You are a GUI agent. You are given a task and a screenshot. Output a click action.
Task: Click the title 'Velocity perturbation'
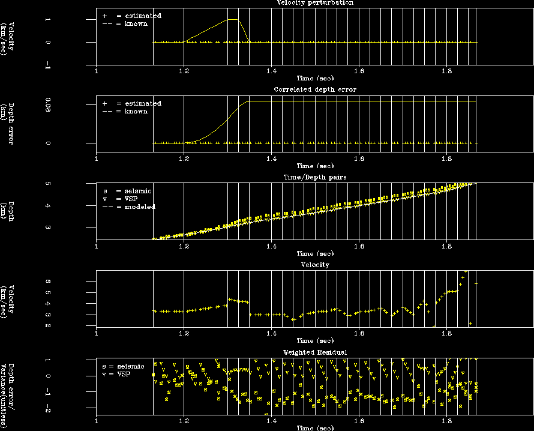tap(314, 3)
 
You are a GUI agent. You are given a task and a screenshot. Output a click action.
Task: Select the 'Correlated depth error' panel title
tap(314, 89)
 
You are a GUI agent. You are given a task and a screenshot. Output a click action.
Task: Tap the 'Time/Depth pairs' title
tap(314, 178)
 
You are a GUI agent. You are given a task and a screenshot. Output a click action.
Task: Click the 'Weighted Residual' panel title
tap(314, 352)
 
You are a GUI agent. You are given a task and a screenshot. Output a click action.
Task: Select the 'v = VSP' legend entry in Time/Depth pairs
tap(127, 199)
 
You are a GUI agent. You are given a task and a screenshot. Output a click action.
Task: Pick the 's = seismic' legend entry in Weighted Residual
tap(123, 366)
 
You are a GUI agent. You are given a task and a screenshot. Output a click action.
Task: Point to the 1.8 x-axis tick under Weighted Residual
tap(446, 421)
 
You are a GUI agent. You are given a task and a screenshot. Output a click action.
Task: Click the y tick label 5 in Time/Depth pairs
tap(47, 184)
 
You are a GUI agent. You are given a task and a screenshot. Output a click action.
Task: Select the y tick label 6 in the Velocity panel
tap(47, 282)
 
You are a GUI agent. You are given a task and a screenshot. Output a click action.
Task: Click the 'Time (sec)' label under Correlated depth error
tap(314, 166)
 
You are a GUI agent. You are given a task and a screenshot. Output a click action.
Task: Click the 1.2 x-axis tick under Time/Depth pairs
tap(184, 246)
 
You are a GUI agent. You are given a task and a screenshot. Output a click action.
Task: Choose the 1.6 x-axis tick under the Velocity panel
tap(359, 333)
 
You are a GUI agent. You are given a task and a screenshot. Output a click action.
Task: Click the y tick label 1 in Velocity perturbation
tap(47, 20)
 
